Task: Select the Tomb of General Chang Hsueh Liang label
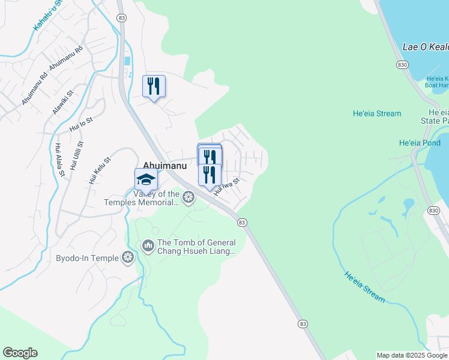pos(196,247)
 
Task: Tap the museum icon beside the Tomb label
pos(148,246)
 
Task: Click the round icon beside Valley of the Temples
pos(188,197)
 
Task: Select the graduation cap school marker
pos(146,179)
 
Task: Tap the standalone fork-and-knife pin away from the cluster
pos(154,86)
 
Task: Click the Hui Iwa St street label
pos(227,187)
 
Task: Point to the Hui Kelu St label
pos(100,170)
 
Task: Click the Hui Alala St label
pos(59,160)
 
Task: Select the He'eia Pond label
pos(420,143)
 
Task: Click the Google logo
pos(20,353)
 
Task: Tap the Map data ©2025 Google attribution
pos(412,355)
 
